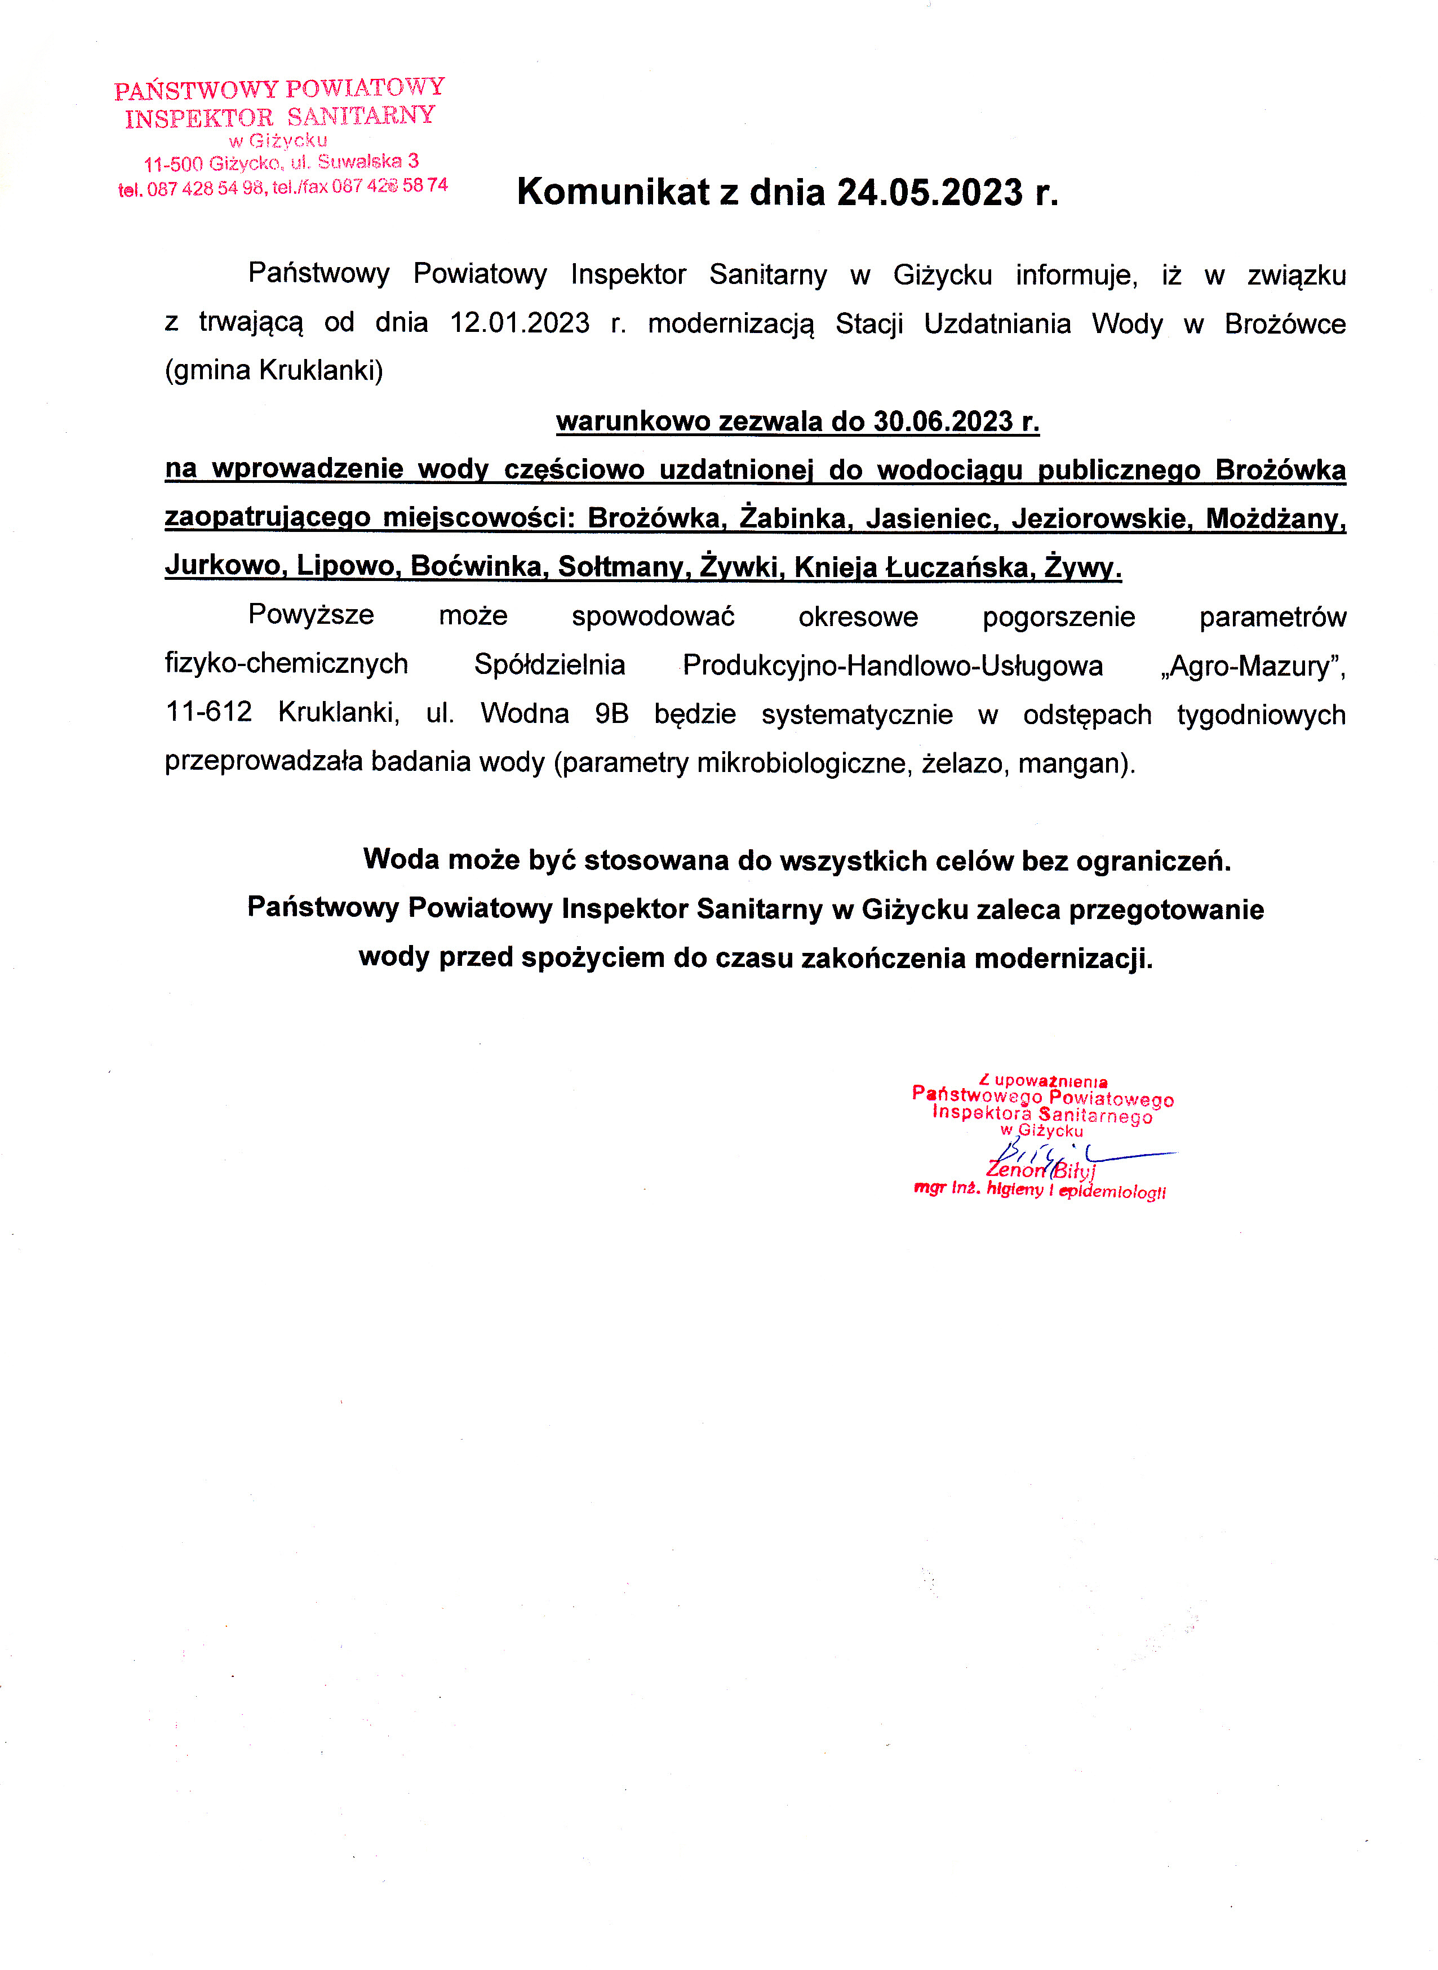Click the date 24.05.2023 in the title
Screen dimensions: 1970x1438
click(930, 192)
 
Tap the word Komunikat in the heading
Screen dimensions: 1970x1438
click(613, 192)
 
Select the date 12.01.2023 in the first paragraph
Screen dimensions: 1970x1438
click(520, 323)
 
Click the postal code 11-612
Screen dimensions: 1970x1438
click(209, 713)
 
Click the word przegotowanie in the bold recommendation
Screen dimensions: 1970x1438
click(1166, 909)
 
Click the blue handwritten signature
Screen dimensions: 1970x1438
click(1080, 1158)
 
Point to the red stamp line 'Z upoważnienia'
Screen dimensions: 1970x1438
click(1043, 1081)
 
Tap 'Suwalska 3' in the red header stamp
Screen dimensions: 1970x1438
click(367, 162)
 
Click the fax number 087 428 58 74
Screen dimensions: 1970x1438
click(389, 185)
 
